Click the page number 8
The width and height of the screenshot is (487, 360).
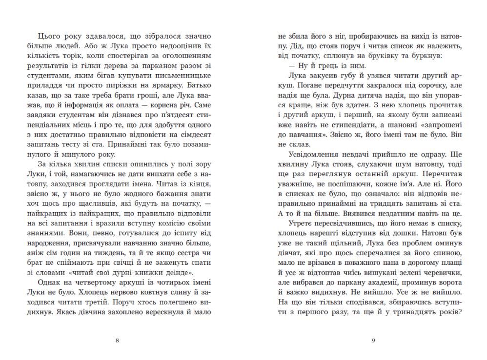(117, 340)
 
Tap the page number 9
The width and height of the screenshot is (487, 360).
(373, 340)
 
